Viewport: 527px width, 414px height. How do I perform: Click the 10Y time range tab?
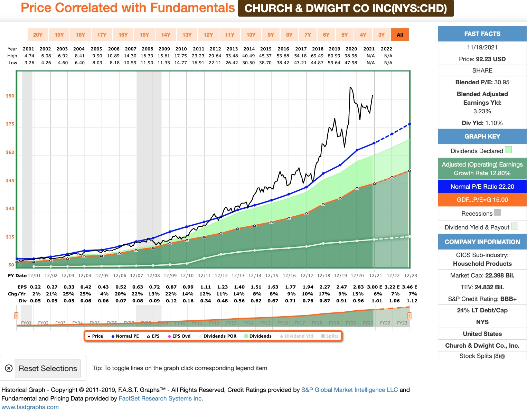pos(251,35)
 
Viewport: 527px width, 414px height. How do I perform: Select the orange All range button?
pos(400,35)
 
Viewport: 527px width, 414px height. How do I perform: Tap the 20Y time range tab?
pos(38,35)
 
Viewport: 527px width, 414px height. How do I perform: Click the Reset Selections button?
pos(48,368)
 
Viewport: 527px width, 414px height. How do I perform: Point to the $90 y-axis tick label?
pos(10,96)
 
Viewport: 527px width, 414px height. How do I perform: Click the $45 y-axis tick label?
pos(10,180)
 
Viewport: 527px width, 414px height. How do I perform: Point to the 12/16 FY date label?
pos(289,275)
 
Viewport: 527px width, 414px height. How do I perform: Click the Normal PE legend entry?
pos(125,336)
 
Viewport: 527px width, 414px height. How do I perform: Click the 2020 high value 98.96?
pos(351,56)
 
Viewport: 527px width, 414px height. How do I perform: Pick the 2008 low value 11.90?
pos(147,63)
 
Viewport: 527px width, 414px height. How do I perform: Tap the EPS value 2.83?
pos(358,287)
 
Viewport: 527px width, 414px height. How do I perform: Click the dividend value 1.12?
pos(412,301)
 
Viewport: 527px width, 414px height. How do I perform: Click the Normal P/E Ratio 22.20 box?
pos(482,187)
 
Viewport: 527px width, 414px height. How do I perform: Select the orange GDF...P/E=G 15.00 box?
pos(482,200)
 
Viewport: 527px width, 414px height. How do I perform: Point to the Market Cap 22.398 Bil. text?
pos(482,275)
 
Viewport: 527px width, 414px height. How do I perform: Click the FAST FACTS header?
pos(482,34)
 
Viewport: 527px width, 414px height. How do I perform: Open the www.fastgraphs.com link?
pos(30,407)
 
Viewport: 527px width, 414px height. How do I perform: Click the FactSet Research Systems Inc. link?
pos(161,398)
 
